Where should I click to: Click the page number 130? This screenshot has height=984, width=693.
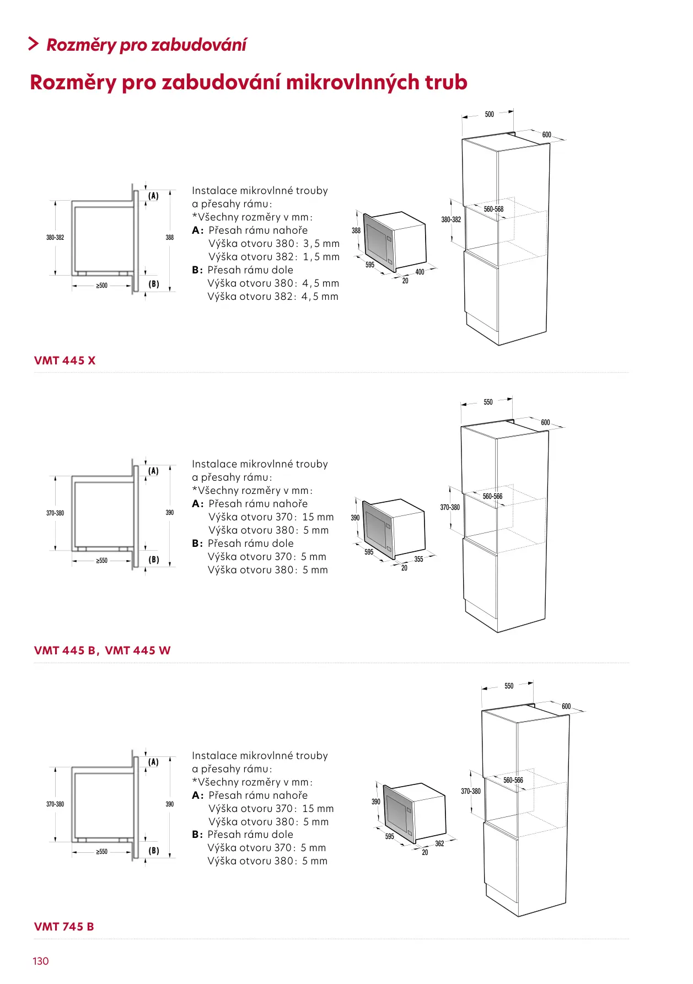[41, 961]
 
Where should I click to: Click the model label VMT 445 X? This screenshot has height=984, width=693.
[65, 361]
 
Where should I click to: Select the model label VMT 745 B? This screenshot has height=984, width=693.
[64, 927]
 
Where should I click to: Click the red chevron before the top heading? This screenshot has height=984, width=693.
[34, 44]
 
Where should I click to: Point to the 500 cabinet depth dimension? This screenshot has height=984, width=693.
[489, 115]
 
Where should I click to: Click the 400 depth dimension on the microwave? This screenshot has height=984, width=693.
[420, 272]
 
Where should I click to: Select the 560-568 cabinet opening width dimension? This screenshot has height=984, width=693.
[493, 209]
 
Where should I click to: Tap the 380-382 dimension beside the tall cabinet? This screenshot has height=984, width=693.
[451, 219]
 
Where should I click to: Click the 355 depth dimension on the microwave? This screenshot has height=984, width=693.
[418, 559]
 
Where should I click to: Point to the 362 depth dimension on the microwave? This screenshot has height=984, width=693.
[439, 843]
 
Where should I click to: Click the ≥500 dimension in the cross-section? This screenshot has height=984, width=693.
[102, 286]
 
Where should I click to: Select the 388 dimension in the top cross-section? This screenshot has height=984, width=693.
[170, 238]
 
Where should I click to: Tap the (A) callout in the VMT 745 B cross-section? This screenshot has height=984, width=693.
[153, 762]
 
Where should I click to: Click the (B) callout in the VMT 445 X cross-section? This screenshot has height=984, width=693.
[154, 284]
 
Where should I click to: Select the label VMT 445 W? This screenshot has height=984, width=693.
[138, 650]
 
